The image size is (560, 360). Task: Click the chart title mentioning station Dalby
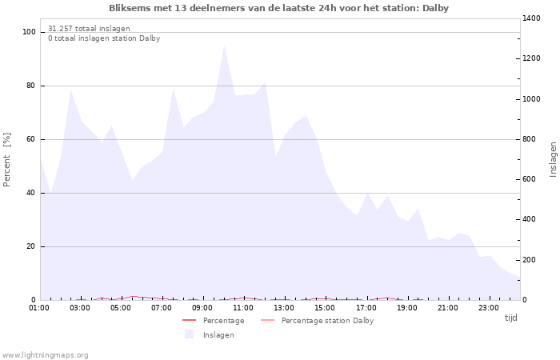[x=278, y=8]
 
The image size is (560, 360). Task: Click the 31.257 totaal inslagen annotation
[x=89, y=29]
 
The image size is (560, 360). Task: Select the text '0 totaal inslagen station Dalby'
[x=104, y=38]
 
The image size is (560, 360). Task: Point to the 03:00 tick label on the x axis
[x=80, y=307]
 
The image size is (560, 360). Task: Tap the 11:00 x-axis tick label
[x=243, y=307]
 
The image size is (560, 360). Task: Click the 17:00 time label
[x=366, y=307]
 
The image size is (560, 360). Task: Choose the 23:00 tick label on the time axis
[x=489, y=307]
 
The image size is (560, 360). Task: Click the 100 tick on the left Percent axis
[x=29, y=32]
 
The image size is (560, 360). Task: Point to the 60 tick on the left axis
[x=30, y=139]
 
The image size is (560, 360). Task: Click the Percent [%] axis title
[x=7, y=160]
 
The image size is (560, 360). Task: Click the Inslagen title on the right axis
[x=553, y=159]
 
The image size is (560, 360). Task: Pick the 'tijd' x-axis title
[x=510, y=318]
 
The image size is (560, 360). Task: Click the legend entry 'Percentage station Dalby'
[x=327, y=321]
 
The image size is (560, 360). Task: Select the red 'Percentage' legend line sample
[x=189, y=321]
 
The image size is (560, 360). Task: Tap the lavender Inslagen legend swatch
[x=189, y=334]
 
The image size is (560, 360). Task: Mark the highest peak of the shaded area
[x=224, y=46]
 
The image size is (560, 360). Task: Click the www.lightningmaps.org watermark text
[x=45, y=355]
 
